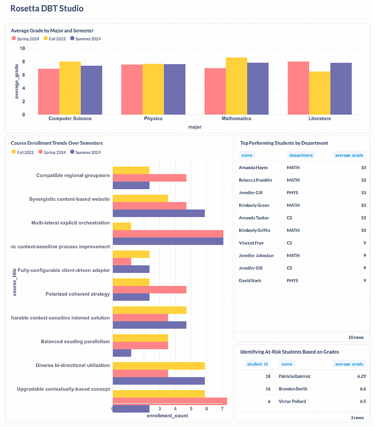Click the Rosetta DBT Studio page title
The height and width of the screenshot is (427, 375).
pos(47,9)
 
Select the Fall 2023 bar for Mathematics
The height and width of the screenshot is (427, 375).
pos(236,86)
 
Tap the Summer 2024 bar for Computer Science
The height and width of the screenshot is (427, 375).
pos(91,90)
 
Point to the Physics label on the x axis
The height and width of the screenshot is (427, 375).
pos(153,118)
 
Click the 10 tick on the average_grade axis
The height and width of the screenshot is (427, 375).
pos(22,49)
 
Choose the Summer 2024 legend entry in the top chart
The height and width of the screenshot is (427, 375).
pos(86,39)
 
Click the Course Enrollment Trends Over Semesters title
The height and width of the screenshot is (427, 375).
pos(57,143)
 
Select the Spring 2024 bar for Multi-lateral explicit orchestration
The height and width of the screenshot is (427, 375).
pos(168,233)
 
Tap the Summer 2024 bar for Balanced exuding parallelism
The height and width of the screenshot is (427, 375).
pos(122,353)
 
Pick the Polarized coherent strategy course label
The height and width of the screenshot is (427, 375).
pos(78,294)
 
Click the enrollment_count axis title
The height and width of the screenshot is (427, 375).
pos(167,416)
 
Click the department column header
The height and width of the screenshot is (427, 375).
pos(301,155)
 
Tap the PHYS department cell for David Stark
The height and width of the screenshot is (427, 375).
pos(293,281)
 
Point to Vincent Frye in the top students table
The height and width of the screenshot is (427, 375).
pos(251,243)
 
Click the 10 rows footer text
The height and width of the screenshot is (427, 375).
pos(356,338)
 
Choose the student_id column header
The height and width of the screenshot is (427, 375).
pos(257,364)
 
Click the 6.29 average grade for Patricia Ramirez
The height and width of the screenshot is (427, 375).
pos(357,376)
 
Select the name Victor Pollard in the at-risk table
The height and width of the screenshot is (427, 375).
pos(293,401)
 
